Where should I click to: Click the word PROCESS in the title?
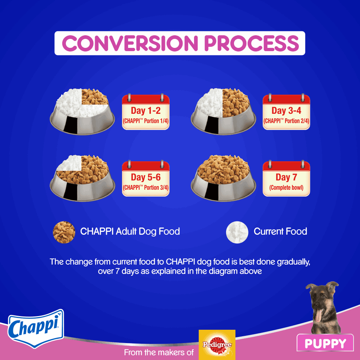252,43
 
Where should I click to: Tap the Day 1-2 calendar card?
145,112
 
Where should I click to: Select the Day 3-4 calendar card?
286,112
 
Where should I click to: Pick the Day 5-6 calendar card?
145,179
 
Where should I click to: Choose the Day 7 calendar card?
286,179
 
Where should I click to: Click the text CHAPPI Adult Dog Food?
130,231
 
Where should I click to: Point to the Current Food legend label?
280,231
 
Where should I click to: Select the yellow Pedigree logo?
217,345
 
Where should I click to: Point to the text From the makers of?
159,352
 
